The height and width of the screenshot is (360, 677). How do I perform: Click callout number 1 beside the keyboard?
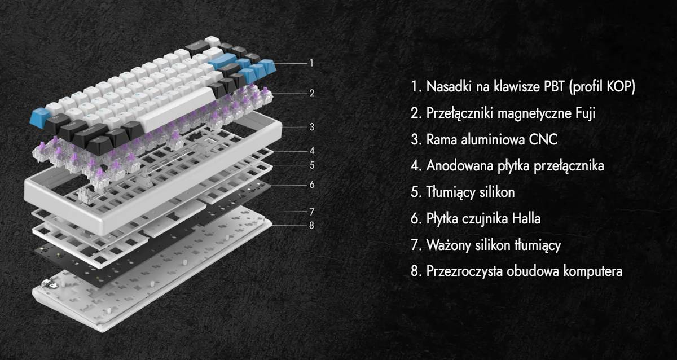(x=311, y=63)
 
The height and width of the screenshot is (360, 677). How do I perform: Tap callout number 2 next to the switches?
(x=311, y=93)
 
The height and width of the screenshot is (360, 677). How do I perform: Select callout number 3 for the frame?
(x=311, y=127)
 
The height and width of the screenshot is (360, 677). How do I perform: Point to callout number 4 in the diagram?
(x=311, y=151)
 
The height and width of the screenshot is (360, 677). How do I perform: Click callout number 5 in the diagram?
(x=311, y=165)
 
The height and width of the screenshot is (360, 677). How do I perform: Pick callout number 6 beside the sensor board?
(x=311, y=185)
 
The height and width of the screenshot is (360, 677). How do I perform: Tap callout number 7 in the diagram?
(x=311, y=212)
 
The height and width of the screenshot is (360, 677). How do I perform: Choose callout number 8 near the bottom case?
(x=311, y=225)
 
